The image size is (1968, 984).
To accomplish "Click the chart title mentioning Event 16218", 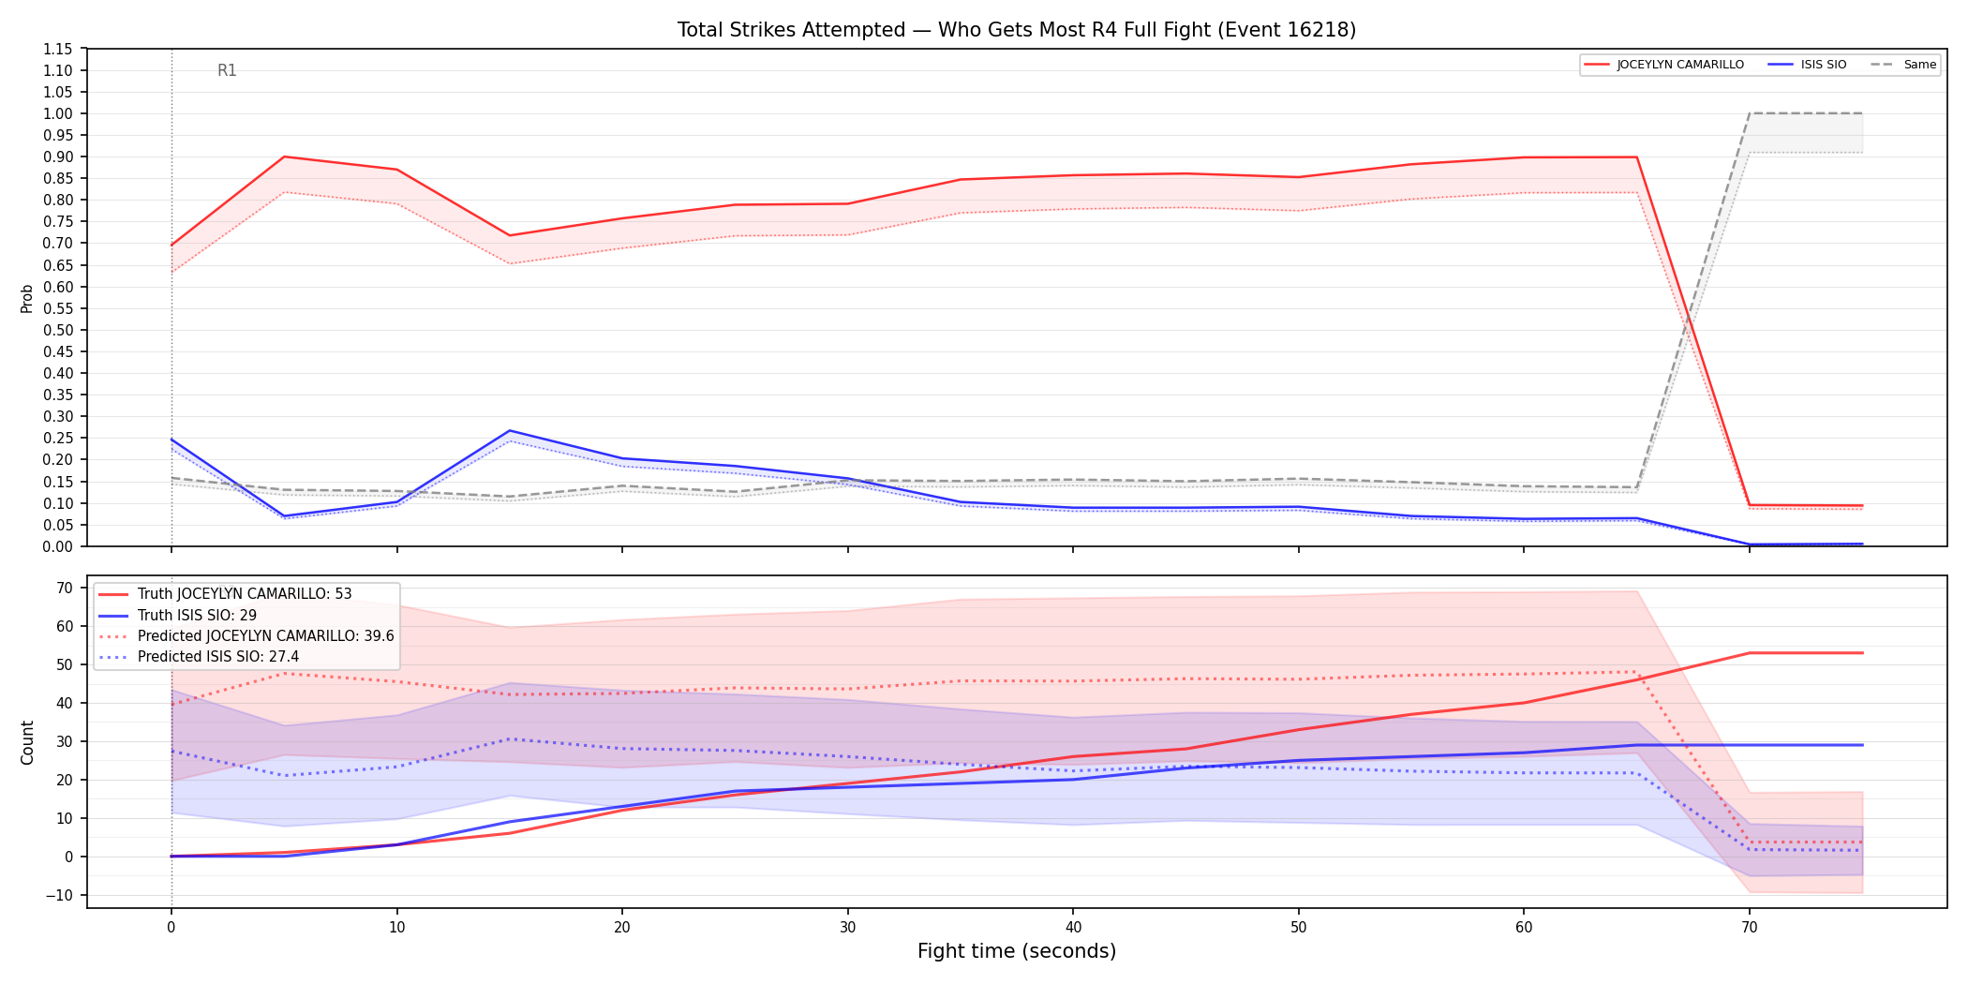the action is (x=1017, y=30).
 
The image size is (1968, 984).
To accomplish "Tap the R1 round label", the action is (x=227, y=70).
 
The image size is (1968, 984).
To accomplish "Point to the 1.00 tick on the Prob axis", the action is (x=58, y=113).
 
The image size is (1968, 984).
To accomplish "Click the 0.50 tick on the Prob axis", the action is (x=58, y=330).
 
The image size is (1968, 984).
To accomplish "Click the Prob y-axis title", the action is (x=27, y=298).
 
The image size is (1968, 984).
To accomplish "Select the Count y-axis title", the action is (x=27, y=742).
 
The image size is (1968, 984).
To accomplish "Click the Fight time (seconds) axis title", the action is (x=1017, y=951).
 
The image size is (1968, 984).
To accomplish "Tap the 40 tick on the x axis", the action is (x=1073, y=928).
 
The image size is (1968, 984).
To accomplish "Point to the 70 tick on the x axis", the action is (x=1750, y=928).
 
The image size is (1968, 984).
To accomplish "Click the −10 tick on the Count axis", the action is (x=58, y=895).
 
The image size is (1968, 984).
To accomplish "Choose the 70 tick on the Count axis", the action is (x=65, y=588).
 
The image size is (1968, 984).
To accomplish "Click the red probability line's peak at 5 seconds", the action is (x=284, y=157).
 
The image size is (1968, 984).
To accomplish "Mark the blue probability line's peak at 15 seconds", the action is (x=510, y=431).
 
